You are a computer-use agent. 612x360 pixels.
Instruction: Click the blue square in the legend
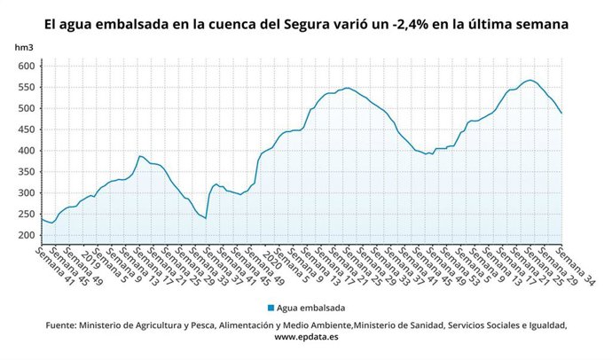[271, 308]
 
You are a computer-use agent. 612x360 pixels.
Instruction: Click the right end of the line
[561, 113]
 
